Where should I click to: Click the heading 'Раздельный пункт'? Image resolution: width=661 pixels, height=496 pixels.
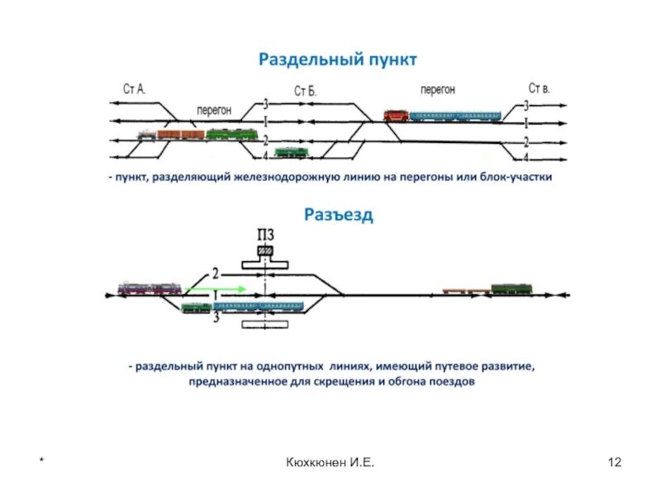(338, 60)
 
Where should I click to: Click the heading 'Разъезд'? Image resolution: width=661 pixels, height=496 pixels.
(338, 215)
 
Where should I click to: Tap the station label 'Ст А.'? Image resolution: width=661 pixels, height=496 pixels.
(134, 89)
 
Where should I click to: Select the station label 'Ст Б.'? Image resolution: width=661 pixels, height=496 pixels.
(305, 91)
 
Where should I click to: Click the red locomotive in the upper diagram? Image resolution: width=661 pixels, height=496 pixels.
(396, 115)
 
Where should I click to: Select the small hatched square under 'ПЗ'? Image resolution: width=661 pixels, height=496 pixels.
(265, 250)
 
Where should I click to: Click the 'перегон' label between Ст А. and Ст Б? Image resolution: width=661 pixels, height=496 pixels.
(213, 109)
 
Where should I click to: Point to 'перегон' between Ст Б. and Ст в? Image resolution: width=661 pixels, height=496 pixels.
(437, 89)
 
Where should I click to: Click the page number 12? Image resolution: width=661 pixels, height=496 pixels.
(614, 461)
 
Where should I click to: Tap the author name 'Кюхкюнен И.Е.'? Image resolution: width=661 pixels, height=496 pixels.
(330, 461)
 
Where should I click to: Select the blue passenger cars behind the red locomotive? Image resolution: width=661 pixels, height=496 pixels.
(455, 117)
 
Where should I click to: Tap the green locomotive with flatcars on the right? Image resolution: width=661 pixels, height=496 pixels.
(511, 289)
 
